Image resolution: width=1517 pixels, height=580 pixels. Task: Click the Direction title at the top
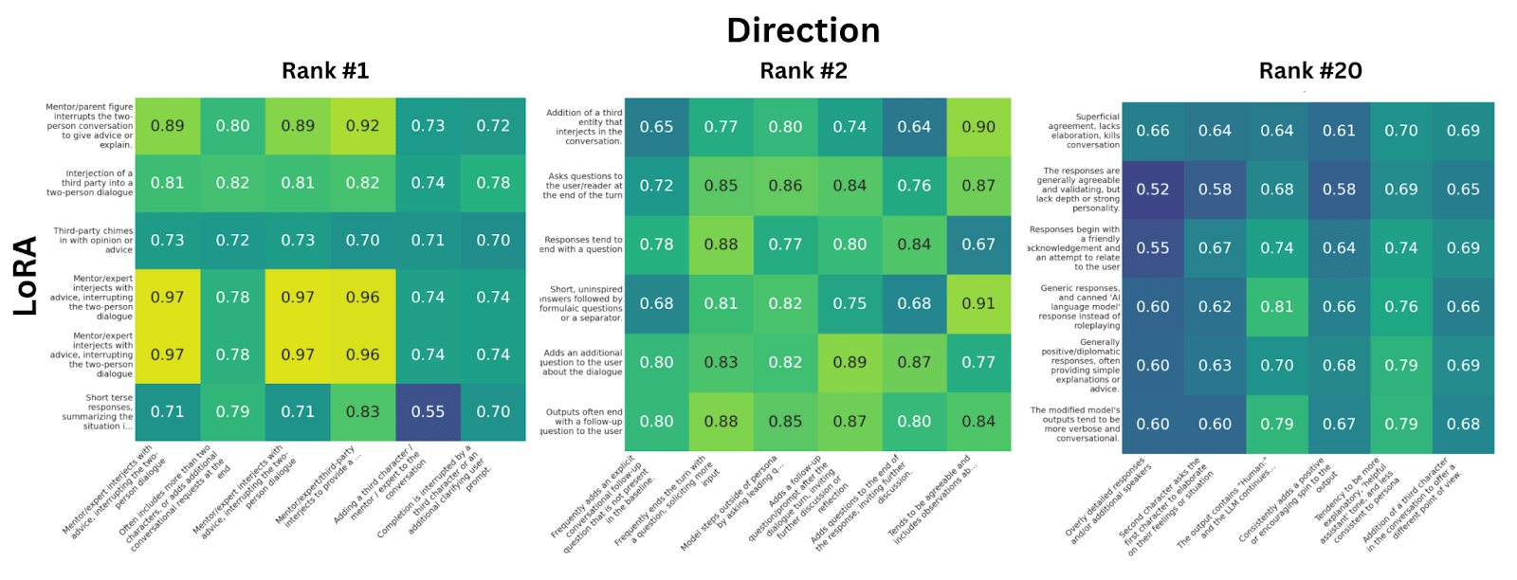[803, 30]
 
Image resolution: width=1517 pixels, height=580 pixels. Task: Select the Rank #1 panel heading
[325, 71]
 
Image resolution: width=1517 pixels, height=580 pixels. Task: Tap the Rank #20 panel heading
[1310, 71]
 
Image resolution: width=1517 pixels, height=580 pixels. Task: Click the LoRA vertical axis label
[26, 276]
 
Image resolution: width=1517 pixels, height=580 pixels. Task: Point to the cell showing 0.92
[362, 125]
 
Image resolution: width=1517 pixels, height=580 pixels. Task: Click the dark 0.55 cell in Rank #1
[428, 411]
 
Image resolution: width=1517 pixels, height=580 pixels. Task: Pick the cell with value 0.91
[978, 303]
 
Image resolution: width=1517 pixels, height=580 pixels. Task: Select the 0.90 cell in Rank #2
[978, 126]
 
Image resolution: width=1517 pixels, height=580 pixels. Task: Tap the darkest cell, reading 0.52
[1153, 190]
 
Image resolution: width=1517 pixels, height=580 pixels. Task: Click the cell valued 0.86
[785, 186]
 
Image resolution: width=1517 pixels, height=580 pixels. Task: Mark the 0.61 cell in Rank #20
[1339, 131]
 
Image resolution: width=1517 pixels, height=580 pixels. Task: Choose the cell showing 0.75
[850, 303]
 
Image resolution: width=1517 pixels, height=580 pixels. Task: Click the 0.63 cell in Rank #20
[1215, 365]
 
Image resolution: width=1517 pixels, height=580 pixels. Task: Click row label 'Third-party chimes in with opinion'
[93, 240]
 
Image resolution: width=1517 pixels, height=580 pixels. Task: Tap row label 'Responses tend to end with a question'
[582, 245]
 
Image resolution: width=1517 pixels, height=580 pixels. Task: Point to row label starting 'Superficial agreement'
[1084, 131]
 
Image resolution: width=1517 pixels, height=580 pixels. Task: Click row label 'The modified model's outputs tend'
[1075, 424]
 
